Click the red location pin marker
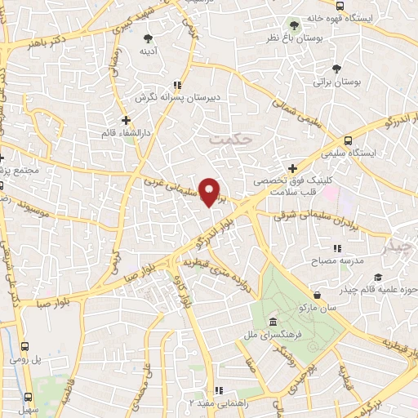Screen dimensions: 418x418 click(211, 193)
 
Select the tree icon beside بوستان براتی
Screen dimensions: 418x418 click(337, 69)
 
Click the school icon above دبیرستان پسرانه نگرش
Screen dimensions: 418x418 click(176, 84)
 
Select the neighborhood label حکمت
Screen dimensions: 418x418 click(226, 139)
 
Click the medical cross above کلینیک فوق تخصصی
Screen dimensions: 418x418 click(292, 168)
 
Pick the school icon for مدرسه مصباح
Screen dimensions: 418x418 click(336, 248)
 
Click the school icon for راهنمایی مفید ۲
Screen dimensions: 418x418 click(218, 390)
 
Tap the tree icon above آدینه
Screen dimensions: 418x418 click(149, 38)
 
